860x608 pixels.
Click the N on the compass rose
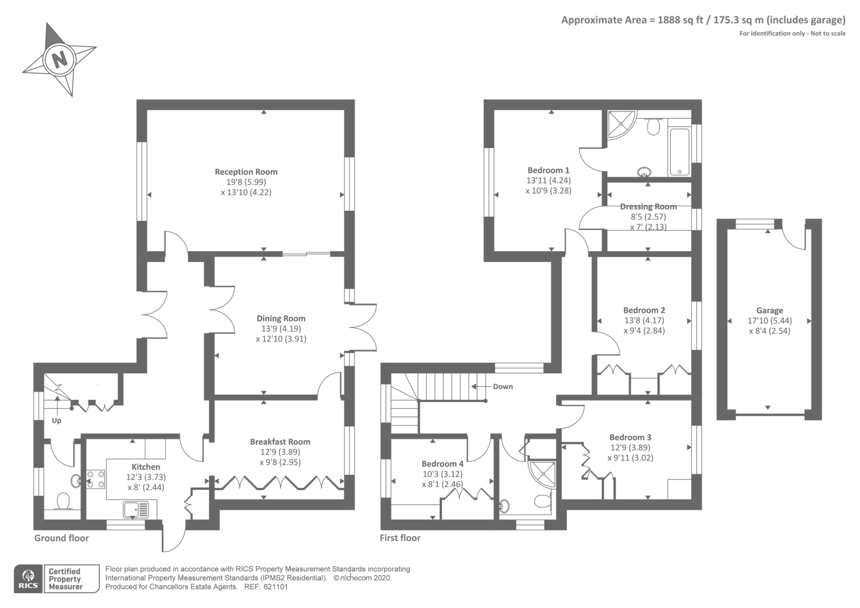pos(59,60)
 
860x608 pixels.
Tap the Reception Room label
pos(246,172)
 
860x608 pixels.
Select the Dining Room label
pos(281,318)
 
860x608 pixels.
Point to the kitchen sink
pos(136,510)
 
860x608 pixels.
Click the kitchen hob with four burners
pos(96,479)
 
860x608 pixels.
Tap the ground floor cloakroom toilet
pos(63,501)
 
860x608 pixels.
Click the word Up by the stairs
pos(56,420)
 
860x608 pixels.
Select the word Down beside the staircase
pos(503,387)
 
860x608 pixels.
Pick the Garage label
pos(769,310)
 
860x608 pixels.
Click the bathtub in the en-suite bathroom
pos(679,152)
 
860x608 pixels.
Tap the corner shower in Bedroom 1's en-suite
pos(621,124)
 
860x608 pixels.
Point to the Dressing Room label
pos(648,207)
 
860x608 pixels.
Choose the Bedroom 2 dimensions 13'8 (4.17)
pos(644,320)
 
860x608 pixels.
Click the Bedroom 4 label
pos(442,463)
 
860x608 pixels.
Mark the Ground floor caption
pos(61,538)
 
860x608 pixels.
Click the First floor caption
pos(400,538)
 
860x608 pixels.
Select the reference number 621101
pos(276,587)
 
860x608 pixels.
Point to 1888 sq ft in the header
pos(680,20)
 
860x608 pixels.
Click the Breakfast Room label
pos(280,442)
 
